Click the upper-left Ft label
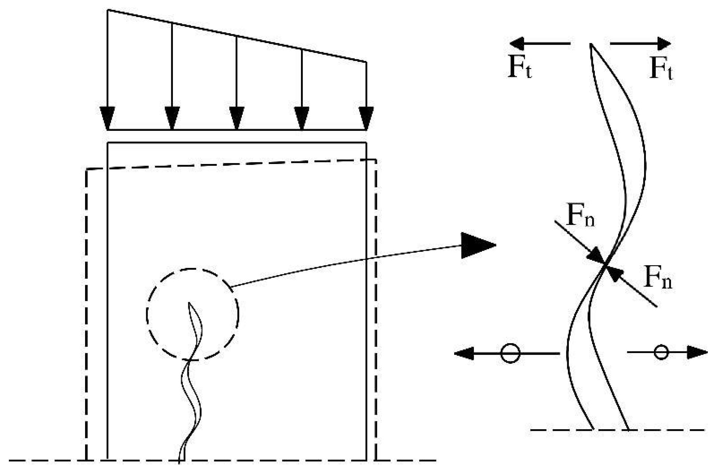point(520,68)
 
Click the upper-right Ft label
point(661,69)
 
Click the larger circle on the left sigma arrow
point(510,353)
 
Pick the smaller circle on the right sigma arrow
point(661,352)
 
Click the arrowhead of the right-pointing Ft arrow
point(663,43)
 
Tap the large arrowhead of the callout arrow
point(476,245)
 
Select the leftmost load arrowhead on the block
point(107,118)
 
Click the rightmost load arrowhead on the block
point(366,118)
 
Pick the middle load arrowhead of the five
point(237,118)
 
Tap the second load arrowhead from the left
point(172,118)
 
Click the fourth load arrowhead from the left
point(302,118)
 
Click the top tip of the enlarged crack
point(591,44)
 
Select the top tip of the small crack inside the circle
point(189,303)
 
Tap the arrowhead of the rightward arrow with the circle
point(698,352)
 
